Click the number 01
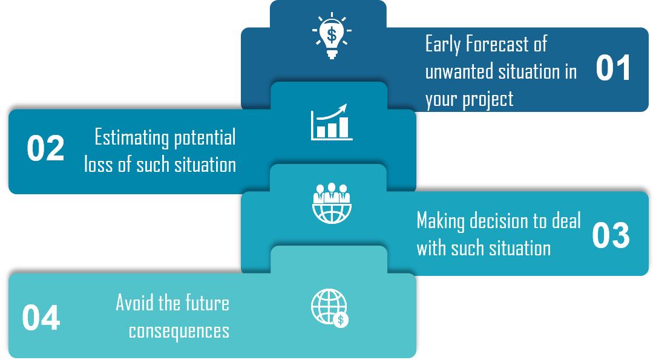(613, 68)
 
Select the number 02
(45, 149)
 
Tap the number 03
(611, 236)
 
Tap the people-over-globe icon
(331, 203)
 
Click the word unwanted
(459, 72)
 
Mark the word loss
(99, 165)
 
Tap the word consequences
(179, 331)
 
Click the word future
(206, 303)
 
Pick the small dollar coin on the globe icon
(341, 320)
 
